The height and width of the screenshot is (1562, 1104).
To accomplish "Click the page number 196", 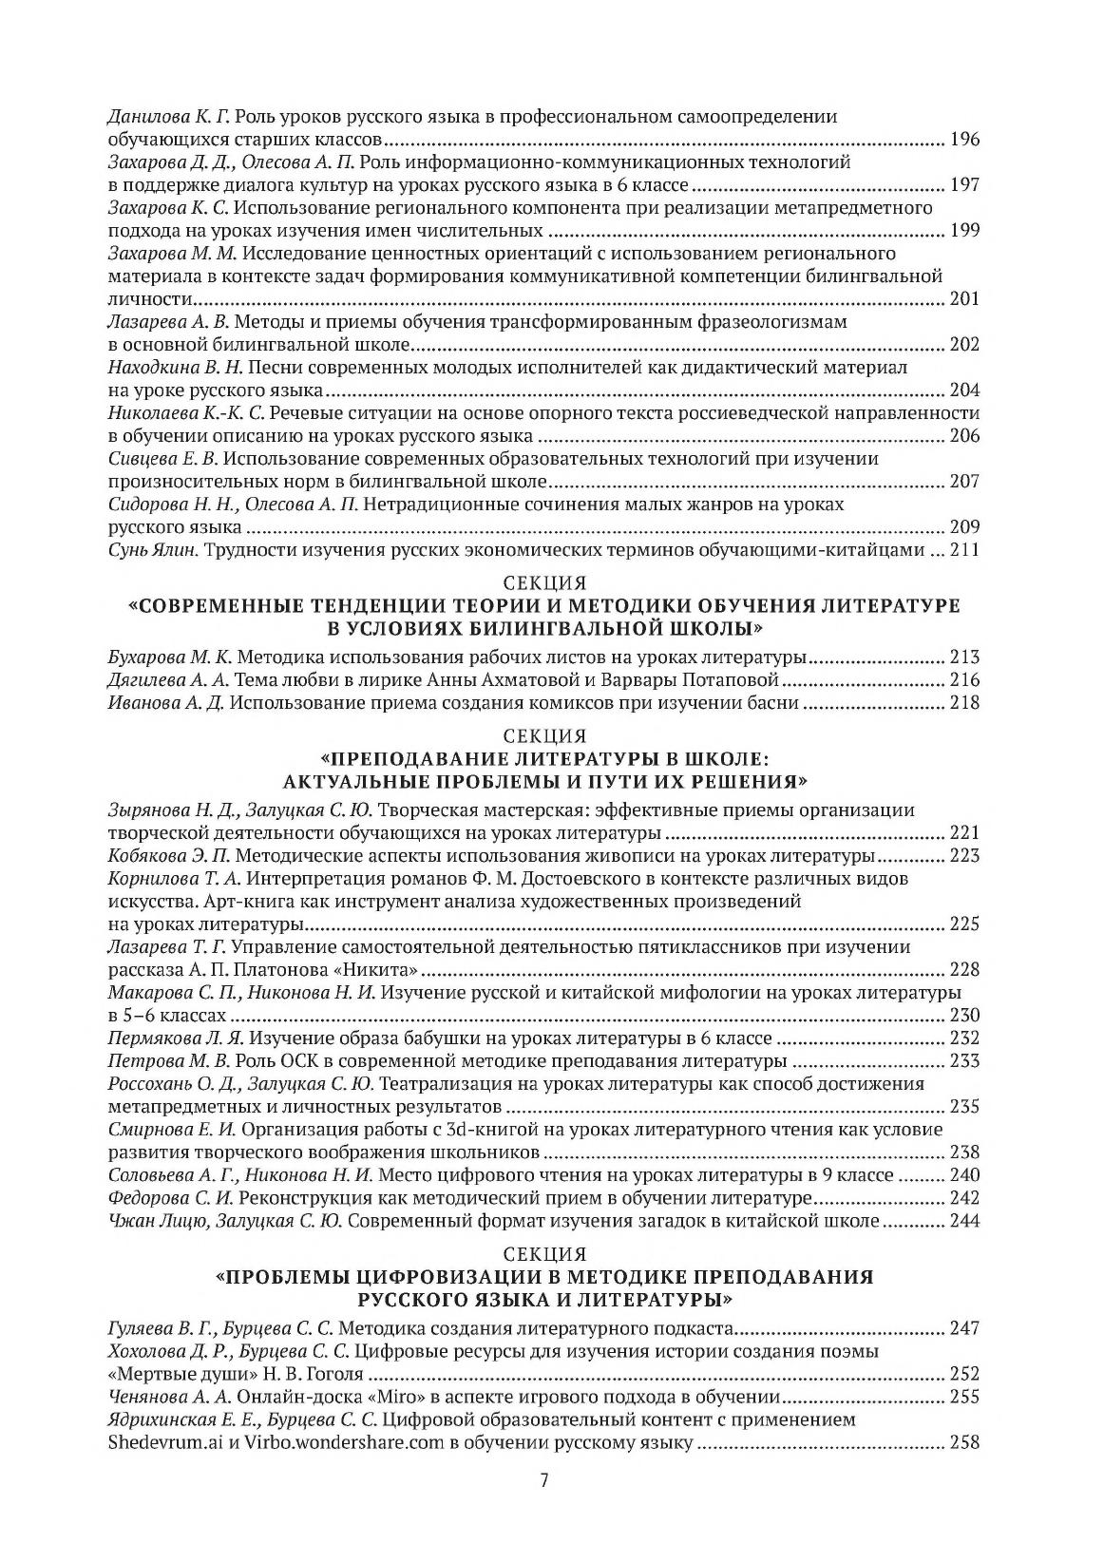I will [x=964, y=140].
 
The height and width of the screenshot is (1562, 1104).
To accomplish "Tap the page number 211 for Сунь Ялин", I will [x=964, y=550].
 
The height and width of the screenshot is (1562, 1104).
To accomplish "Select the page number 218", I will [x=964, y=703].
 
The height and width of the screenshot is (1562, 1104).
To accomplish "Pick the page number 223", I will [x=964, y=856].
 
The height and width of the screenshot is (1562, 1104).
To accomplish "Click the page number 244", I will [x=964, y=1221].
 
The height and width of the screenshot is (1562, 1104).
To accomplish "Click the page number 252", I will [x=964, y=1374].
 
